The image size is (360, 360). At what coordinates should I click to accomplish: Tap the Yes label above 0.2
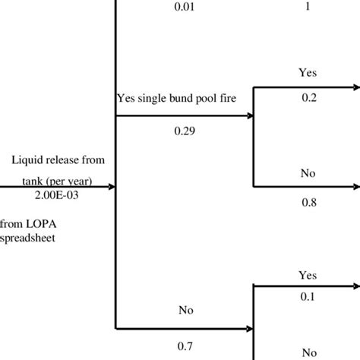pyautogui.click(x=307, y=74)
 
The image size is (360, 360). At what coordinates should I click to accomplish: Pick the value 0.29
pyautogui.click(x=183, y=132)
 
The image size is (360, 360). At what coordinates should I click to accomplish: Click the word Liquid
pyautogui.click(x=29, y=160)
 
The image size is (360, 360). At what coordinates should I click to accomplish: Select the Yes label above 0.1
pyautogui.click(x=307, y=274)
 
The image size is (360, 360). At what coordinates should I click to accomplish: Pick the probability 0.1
pyautogui.click(x=307, y=298)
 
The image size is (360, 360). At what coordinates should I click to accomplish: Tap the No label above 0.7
pyautogui.click(x=186, y=310)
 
